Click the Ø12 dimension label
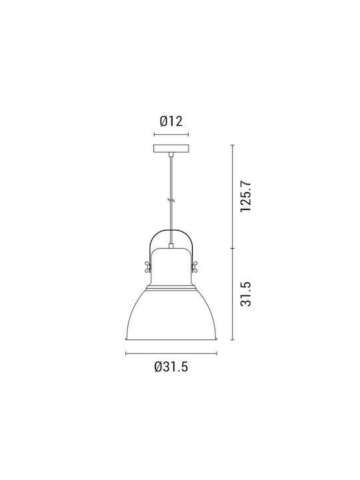[x=171, y=121]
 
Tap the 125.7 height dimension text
[x=245, y=196]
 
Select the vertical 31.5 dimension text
[x=245, y=294]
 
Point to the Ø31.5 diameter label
[x=171, y=367]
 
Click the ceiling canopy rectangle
[x=171, y=149]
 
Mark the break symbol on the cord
[x=171, y=201]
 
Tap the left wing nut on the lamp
[x=147, y=266]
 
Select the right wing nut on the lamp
[x=195, y=266]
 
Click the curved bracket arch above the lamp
[x=171, y=229]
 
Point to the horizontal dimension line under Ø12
[x=171, y=135]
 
